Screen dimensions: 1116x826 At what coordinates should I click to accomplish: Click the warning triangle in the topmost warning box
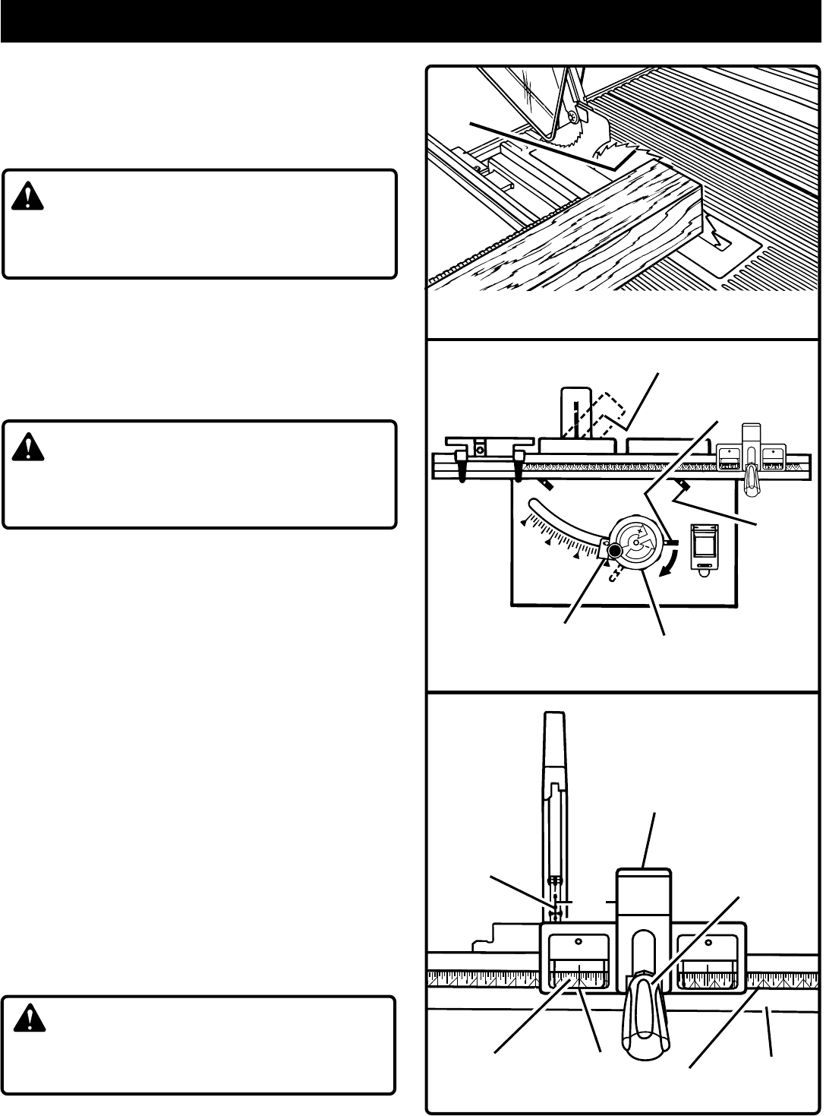30,197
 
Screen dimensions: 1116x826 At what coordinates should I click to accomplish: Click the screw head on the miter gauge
480,447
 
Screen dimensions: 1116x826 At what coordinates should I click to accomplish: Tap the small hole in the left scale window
578,942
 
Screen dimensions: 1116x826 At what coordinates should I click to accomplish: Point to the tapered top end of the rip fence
554,730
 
